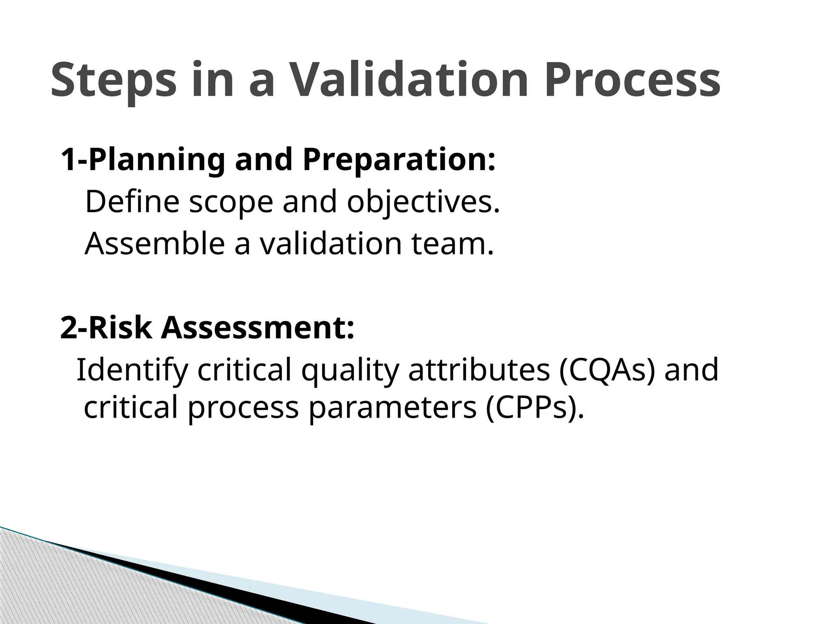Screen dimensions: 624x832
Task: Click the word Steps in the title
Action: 114,80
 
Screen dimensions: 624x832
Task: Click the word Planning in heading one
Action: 156,160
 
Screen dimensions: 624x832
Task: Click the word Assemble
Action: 154,244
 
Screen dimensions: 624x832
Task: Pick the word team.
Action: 453,244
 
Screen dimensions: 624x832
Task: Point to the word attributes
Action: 479,370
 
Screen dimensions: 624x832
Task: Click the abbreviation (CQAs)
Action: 607,370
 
